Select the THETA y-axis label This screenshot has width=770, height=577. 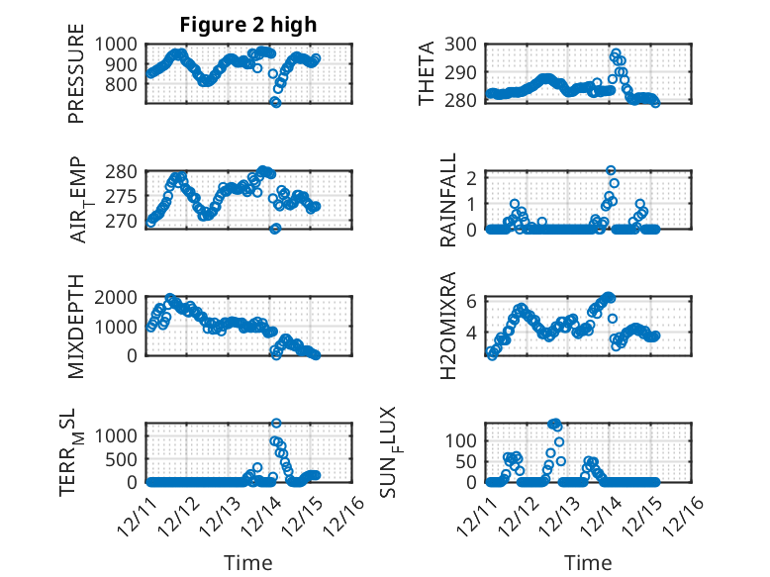point(427,73)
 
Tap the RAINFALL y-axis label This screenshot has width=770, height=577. point(448,200)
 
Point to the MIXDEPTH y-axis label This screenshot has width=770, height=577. point(76,327)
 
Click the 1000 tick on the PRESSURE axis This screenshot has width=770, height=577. point(119,45)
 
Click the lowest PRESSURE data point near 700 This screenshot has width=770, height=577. point(276,103)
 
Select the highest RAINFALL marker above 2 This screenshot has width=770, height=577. point(612,171)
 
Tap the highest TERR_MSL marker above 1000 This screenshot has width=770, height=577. point(276,424)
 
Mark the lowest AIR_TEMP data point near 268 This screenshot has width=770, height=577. point(275,229)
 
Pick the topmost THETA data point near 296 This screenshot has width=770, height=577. point(616,53)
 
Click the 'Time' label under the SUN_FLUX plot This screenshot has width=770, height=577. point(588,563)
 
